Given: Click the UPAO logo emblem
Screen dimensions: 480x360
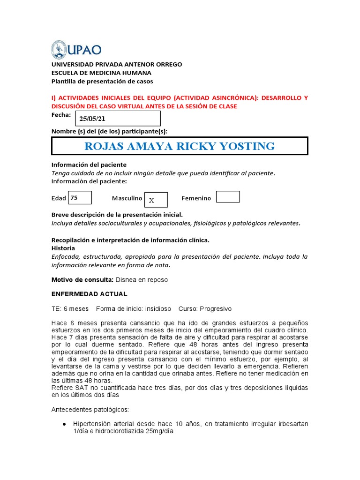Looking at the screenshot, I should (59, 49).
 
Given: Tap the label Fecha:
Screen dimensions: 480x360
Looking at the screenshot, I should (61, 115).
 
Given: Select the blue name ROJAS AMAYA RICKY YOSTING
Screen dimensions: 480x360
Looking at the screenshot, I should (180, 146).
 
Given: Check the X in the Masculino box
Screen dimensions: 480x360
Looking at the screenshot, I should (151, 200).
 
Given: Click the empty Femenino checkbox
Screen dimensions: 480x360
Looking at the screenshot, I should (228, 197).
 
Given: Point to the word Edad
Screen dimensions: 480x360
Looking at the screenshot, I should (59, 198).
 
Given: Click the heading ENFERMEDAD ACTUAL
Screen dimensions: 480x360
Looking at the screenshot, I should (89, 294).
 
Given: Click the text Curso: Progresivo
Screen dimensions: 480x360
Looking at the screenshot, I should (205, 309).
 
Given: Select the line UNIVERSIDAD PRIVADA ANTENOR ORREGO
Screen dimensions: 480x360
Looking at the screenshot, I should (117, 64).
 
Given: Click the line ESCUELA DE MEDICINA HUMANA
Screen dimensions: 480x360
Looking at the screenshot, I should (101, 73).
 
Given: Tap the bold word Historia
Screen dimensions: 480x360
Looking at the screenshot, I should (63, 248).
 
